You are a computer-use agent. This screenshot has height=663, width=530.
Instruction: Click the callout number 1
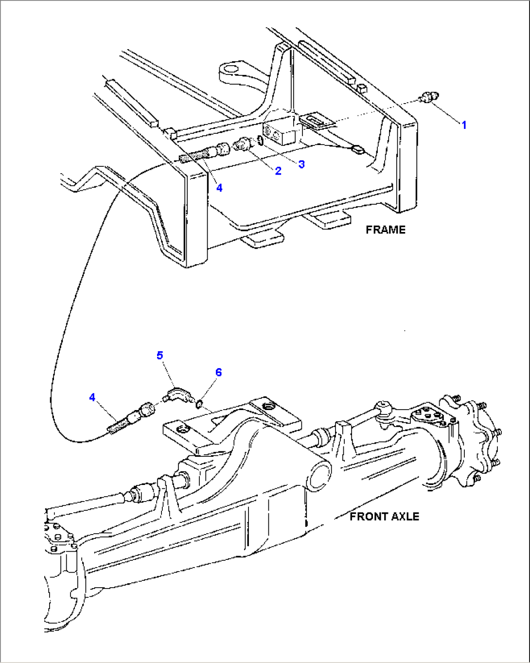point(463,125)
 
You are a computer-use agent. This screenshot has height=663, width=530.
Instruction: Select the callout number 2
point(278,171)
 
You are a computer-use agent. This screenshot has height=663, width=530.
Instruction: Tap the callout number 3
point(301,164)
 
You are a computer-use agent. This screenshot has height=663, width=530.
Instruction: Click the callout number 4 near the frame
point(219,188)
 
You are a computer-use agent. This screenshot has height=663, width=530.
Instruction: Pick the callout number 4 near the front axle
point(92,397)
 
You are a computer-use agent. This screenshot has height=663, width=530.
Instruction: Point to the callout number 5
point(160,355)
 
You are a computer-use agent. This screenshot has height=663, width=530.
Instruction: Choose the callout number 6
point(218,372)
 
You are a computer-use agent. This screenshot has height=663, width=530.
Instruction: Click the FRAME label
point(385,230)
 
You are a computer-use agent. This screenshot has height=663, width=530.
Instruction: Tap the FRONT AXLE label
point(384,516)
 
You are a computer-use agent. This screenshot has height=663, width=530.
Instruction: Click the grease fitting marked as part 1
point(428,97)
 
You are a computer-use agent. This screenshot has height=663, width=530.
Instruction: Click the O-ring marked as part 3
point(261,141)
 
